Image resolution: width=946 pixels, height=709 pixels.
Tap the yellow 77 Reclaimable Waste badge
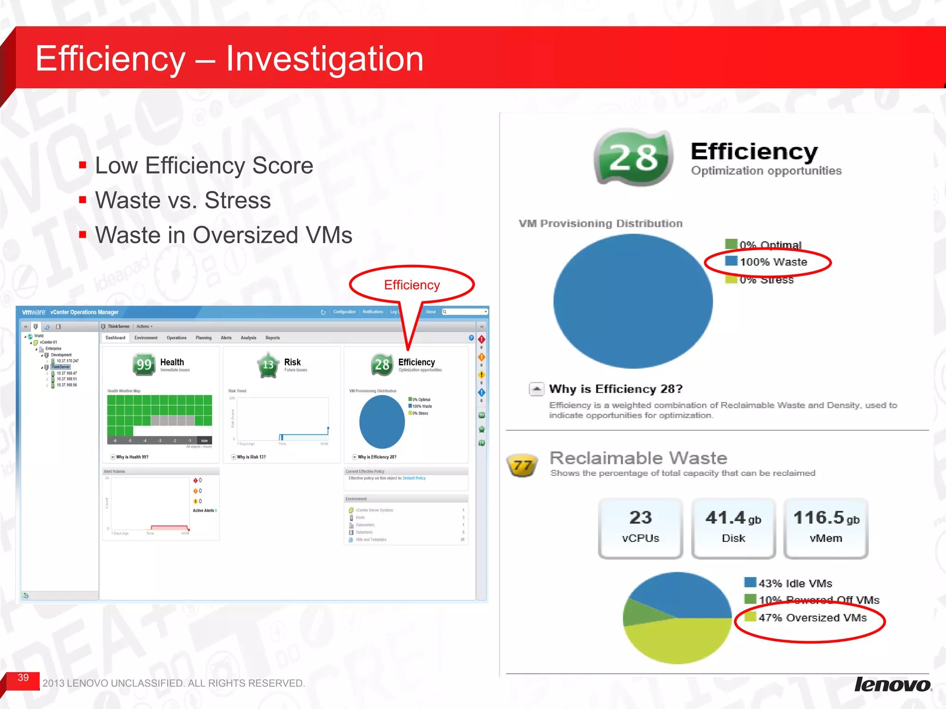click(522, 465)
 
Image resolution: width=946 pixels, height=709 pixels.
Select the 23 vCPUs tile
click(640, 528)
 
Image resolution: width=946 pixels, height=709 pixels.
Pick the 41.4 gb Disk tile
click(733, 528)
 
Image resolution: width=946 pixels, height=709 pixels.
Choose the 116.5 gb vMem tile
click(826, 528)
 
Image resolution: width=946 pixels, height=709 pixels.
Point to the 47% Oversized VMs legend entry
click(812, 618)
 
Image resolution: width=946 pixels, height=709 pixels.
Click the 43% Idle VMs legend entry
click(795, 583)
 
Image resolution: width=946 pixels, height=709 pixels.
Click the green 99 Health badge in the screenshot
click(144, 365)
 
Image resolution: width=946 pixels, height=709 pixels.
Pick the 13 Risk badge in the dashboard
click(268, 365)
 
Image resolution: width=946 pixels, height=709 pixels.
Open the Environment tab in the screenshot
click(146, 338)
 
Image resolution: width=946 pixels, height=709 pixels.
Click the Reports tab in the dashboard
click(273, 338)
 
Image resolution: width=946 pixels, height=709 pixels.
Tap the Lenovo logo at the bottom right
click(892, 685)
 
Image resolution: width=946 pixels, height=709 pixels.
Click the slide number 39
click(23, 678)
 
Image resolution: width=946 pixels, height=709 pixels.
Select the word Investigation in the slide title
click(324, 59)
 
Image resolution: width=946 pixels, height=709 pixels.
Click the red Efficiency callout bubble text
click(412, 285)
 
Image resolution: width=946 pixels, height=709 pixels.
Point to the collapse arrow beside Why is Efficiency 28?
click(536, 389)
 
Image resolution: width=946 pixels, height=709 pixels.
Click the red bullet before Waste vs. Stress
click(83, 200)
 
